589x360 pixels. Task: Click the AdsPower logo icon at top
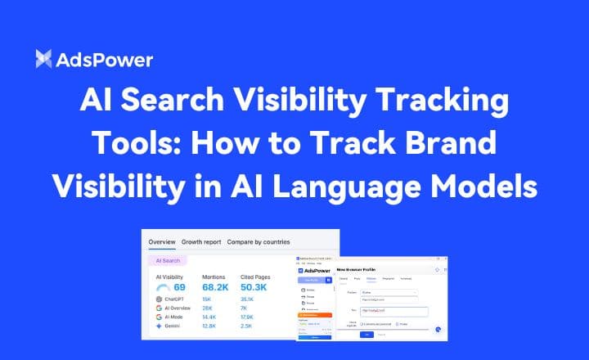pyautogui.click(x=45, y=59)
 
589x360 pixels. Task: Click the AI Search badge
pyautogui.click(x=168, y=260)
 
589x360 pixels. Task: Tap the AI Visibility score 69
pyautogui.click(x=180, y=288)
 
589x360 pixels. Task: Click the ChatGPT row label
pyautogui.click(x=175, y=300)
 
